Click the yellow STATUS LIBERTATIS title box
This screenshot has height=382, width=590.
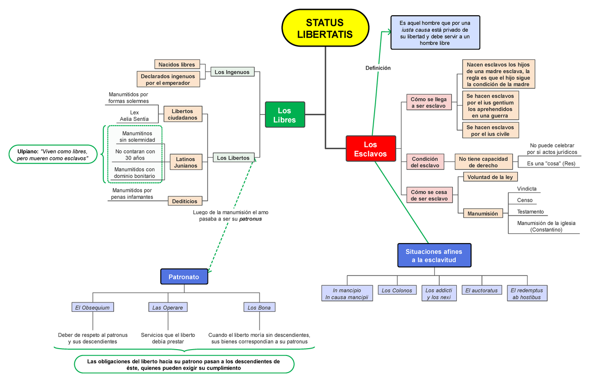click(x=324, y=28)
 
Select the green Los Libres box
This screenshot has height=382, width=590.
click(x=285, y=115)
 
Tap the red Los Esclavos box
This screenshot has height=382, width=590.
click(x=370, y=149)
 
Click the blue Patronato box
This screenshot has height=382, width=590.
click(x=184, y=277)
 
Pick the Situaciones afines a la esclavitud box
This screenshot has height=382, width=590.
click(x=434, y=255)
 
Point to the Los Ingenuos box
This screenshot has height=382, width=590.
click(x=232, y=72)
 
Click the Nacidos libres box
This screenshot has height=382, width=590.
click(x=177, y=64)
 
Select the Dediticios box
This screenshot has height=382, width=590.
click(x=185, y=201)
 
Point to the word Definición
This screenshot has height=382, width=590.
click(x=378, y=68)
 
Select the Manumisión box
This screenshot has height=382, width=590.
click(x=482, y=214)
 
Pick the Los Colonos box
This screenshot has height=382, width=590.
click(x=397, y=291)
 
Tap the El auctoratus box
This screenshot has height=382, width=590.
click(x=481, y=291)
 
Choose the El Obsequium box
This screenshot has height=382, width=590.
click(x=92, y=307)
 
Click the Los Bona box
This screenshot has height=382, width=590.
click(x=259, y=307)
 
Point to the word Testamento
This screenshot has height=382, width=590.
click(x=530, y=212)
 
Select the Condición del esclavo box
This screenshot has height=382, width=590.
click(x=425, y=162)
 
